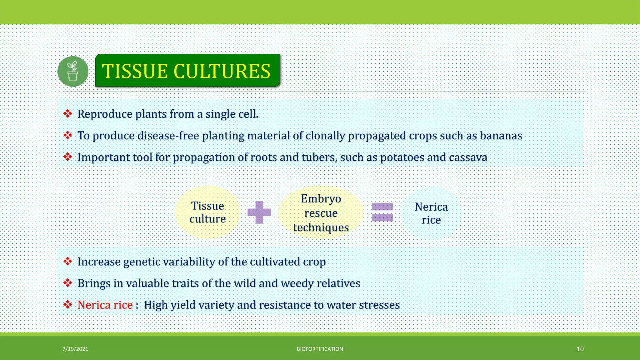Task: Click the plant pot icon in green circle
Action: click(x=73, y=72)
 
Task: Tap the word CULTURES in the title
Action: click(x=222, y=71)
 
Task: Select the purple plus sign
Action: click(x=259, y=212)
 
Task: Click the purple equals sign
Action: click(x=382, y=212)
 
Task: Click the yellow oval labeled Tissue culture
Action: click(x=207, y=212)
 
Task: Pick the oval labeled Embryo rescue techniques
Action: click(x=321, y=213)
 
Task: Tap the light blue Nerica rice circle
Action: click(x=431, y=213)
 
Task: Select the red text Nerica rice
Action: click(x=105, y=305)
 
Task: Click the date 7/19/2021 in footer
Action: click(x=75, y=349)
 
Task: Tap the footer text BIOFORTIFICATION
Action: click(x=320, y=349)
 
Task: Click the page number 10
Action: click(x=580, y=349)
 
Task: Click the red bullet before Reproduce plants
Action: click(x=67, y=114)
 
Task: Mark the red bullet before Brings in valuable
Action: click(x=67, y=283)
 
